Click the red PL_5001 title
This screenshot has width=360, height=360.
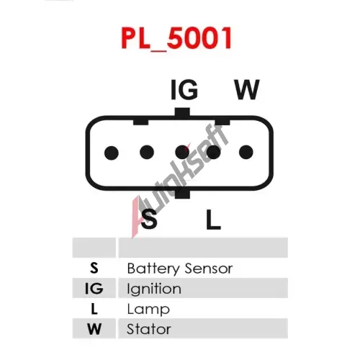(176, 38)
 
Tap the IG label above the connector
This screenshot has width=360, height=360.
(184, 90)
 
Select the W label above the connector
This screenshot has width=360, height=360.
(247, 90)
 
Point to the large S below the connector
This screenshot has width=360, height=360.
(149, 219)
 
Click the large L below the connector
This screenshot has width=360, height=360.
(213, 219)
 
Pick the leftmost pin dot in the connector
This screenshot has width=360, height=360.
(112, 153)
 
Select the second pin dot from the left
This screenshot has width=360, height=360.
(147, 152)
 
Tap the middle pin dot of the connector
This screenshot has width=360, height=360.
(182, 152)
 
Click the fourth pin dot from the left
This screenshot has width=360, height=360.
(214, 152)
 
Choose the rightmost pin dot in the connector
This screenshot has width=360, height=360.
(246, 152)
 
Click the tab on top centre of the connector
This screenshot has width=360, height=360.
(182, 112)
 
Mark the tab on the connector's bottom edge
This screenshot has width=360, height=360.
(182, 194)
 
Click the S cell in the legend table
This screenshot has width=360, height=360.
(94, 268)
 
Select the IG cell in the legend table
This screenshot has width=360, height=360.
(94, 288)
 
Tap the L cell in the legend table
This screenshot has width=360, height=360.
(94, 309)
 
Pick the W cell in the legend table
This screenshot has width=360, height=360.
(94, 329)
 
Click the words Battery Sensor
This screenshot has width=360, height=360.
(180, 269)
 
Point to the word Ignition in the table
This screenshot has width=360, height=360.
(154, 289)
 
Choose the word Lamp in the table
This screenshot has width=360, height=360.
(148, 310)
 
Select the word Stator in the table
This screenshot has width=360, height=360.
(149, 329)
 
